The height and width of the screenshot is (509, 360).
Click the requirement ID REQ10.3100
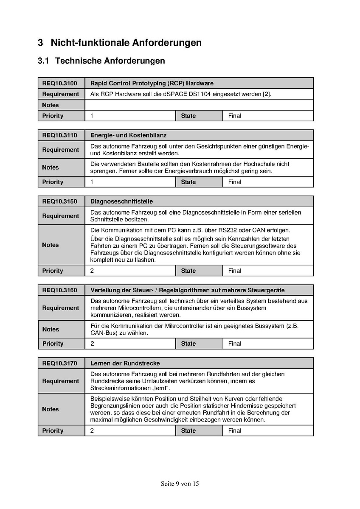coord(60,83)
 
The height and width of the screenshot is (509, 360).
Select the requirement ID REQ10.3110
coord(60,135)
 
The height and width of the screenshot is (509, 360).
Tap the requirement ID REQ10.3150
coord(60,201)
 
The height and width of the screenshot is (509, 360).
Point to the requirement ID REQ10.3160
coord(60,290)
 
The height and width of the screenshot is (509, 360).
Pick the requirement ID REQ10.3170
coord(60,364)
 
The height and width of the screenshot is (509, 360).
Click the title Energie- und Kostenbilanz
coord(128,135)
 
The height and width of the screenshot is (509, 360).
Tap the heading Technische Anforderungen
coord(110,61)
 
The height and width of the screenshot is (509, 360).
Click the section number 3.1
coord(44,61)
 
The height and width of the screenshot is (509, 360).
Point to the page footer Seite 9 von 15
coord(180,484)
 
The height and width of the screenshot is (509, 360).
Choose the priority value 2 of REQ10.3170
coord(92,431)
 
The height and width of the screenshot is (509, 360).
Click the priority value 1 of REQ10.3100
coord(92,116)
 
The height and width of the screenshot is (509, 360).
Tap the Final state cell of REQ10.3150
coord(235,271)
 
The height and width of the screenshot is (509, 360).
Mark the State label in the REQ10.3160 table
coord(188,344)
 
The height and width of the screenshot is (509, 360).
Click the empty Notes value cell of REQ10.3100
coord(199,105)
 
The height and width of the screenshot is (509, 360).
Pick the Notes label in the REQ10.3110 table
coord(51,168)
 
